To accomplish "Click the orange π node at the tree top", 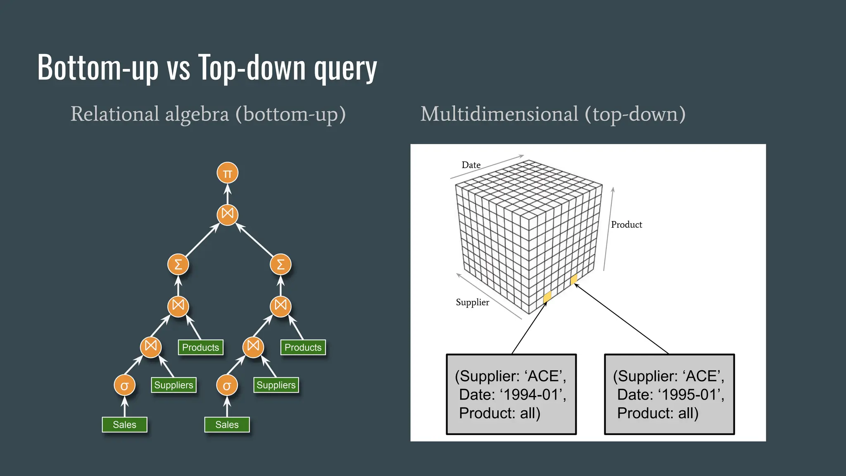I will pos(227,173).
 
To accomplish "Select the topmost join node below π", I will pos(227,214).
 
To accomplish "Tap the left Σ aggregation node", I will pos(178,264).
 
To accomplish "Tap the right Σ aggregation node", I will pos(280,264).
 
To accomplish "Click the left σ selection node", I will pos(124,386).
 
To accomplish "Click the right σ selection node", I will pos(227,386).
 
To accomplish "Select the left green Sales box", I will pos(124,424).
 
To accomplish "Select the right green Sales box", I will pos(227,424).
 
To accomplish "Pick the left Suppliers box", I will pos(173,385).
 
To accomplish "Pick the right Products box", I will pos(303,347).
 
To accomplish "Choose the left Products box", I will pos(200,347).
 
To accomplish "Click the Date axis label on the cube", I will pos(471,165).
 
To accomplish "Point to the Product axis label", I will pos(626,224).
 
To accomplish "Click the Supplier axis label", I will pos(472,302).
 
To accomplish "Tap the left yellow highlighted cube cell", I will pos(547,297).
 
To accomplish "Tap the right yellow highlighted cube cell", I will pos(573,280).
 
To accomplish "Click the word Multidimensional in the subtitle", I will pos(499,114).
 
